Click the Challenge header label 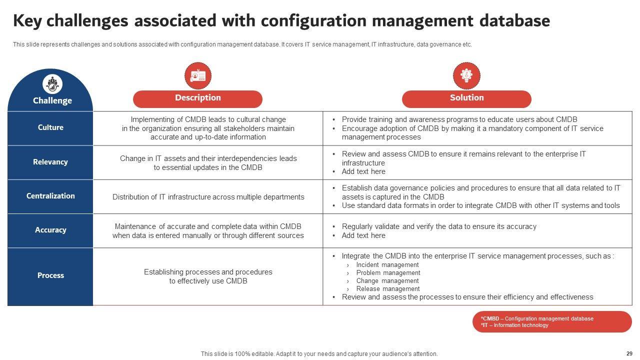point(52,100)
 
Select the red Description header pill point(197,98)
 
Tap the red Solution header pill point(466,98)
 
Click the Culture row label point(50,127)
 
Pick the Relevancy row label point(50,162)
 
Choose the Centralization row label point(50,196)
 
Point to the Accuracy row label point(50,230)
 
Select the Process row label point(50,275)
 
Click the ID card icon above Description point(198,76)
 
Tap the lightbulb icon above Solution point(466,76)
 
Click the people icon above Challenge point(52,84)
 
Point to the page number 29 point(629,353)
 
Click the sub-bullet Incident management point(387,265)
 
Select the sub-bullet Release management point(387,289)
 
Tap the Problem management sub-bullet point(388,273)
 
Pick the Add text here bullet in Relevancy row point(363,171)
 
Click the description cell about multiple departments point(208,197)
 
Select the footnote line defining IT point(514,325)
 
